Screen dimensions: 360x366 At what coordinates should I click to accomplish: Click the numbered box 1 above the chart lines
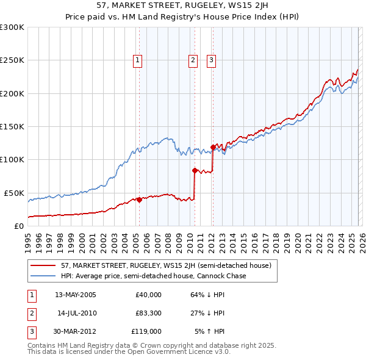pos(138,60)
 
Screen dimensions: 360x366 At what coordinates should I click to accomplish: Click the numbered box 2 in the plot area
pos(193,60)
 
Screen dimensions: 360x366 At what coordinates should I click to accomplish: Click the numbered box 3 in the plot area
pos(211,60)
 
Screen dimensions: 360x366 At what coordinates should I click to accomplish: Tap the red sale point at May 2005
pos(139,200)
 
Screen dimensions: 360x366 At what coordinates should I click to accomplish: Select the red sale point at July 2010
pos(195,171)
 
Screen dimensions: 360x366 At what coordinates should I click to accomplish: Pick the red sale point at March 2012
pos(213,147)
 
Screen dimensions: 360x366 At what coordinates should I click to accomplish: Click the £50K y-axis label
pos(13,193)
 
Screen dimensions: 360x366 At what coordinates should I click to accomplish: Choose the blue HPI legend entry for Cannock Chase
pos(152,276)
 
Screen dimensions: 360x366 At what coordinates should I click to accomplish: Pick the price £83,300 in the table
pos(148,313)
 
